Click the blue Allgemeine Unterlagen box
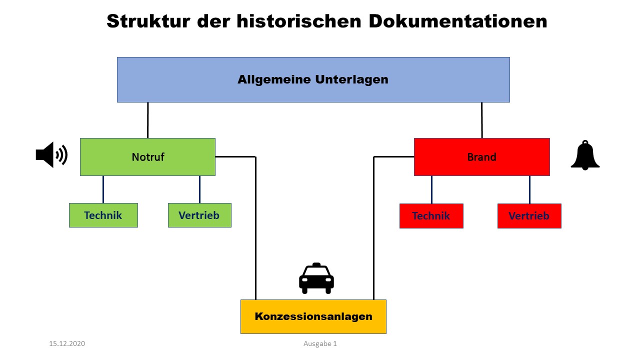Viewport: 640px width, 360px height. pos(313,79)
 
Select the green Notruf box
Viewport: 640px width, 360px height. pos(147,157)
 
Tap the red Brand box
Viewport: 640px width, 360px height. pos(481,157)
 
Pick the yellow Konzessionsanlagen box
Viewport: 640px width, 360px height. pos(313,316)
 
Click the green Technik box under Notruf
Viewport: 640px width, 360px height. pos(103,215)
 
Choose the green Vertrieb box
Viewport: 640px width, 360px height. pos(199,215)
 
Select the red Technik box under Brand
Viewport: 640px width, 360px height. pos(431,216)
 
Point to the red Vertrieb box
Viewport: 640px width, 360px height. pos(529,216)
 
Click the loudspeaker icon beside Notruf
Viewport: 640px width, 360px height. pos(51,155)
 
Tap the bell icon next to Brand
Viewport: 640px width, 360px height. pos(585,155)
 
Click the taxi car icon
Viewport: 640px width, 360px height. pos(316,278)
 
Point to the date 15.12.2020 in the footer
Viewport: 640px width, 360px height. pos(67,343)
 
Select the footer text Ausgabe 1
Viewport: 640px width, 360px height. pos(320,343)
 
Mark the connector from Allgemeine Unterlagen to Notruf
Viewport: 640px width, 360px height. pos(148,120)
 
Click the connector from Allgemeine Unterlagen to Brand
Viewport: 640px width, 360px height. pos(481,120)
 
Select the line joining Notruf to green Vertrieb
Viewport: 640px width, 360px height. pos(199,189)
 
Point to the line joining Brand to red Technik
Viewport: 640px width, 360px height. pos(431,189)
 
